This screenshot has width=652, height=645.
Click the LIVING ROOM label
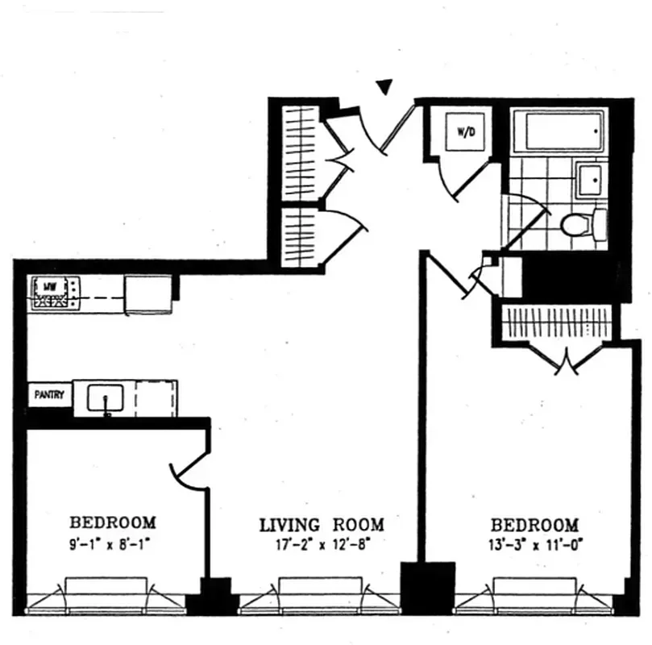pyautogui.click(x=321, y=525)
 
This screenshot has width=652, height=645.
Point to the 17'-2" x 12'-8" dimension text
pyautogui.click(x=321, y=544)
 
